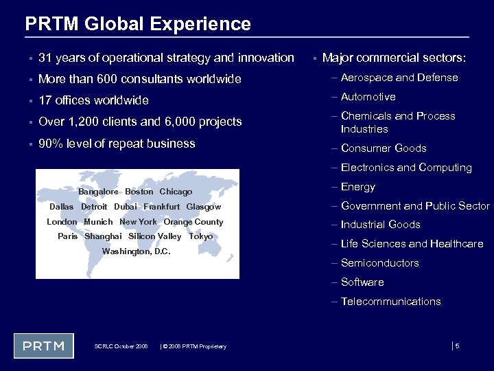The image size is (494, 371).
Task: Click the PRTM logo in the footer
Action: pyautogui.click(x=44, y=346)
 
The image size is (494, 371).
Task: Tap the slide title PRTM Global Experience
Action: pyautogui.click(x=138, y=24)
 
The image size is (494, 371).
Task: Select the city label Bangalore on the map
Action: pyautogui.click(x=98, y=192)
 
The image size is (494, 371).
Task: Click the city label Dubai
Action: pyautogui.click(x=126, y=207)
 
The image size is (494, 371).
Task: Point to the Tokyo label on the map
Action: pyautogui.click(x=200, y=236)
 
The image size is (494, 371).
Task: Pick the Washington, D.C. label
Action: pyautogui.click(x=136, y=251)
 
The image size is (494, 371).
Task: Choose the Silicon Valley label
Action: pyautogui.click(x=155, y=236)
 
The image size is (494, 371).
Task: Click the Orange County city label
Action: pyautogui.click(x=193, y=222)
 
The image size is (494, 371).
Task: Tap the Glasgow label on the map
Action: pyautogui.click(x=204, y=207)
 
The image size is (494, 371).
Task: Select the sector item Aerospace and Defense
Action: pyautogui.click(x=399, y=78)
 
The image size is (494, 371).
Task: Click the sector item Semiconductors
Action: pyautogui.click(x=379, y=263)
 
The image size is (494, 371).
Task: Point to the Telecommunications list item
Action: pyautogui.click(x=390, y=302)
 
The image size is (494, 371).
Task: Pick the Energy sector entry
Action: pyautogui.click(x=358, y=187)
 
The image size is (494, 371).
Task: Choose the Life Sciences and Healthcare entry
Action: pyautogui.click(x=412, y=244)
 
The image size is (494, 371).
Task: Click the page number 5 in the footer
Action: pyautogui.click(x=457, y=346)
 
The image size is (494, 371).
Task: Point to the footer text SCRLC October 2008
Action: pyautogui.click(x=121, y=346)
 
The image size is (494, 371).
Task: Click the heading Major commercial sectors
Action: pyautogui.click(x=394, y=58)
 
